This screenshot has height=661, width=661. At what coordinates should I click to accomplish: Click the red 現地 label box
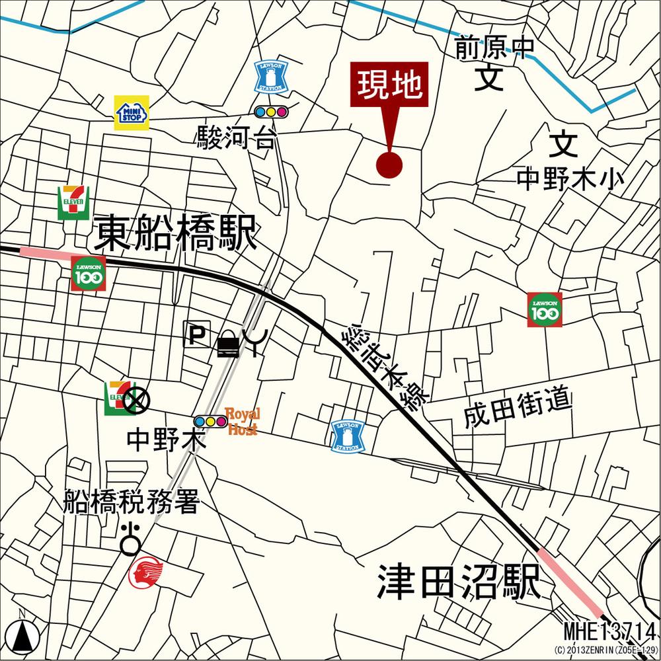(x=389, y=85)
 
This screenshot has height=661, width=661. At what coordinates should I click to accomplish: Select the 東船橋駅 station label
(x=175, y=233)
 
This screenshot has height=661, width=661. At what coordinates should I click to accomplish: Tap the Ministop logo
(x=132, y=112)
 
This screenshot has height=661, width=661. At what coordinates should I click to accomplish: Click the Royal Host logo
(x=243, y=421)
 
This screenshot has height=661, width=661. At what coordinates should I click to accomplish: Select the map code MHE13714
(x=609, y=629)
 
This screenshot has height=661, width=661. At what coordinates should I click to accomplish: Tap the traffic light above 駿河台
(x=272, y=112)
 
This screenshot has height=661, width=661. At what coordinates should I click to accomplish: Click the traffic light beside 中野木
(x=210, y=421)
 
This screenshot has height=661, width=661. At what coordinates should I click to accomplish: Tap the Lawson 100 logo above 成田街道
(x=545, y=309)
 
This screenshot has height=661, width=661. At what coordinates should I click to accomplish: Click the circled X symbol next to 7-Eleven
(x=137, y=399)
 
